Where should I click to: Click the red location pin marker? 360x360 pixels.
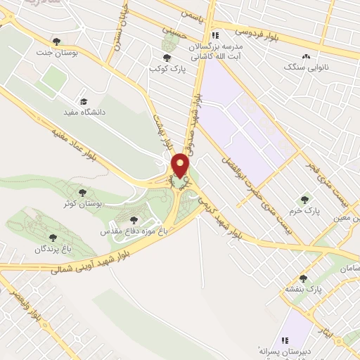click(x=181, y=166)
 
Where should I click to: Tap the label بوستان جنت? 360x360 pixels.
click(x=57, y=53)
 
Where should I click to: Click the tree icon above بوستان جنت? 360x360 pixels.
click(x=57, y=41)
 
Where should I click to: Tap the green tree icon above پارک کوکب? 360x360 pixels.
click(x=167, y=57)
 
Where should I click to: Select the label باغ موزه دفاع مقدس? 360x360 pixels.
click(x=134, y=230)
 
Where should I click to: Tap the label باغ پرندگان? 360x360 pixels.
click(x=53, y=249)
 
